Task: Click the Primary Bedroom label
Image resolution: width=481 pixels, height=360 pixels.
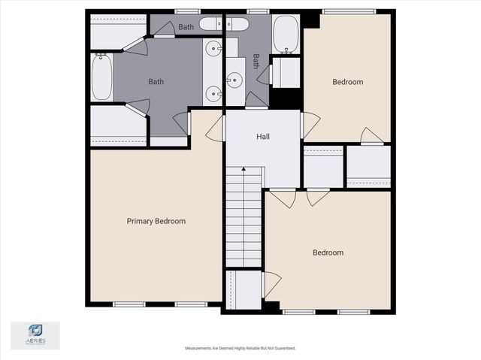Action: (156, 221)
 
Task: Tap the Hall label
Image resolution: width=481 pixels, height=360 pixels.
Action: (263, 137)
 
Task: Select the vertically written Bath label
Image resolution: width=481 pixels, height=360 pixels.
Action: (256, 61)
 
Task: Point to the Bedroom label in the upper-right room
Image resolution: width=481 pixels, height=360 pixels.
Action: (347, 82)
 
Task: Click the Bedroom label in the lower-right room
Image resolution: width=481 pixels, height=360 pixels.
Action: (328, 253)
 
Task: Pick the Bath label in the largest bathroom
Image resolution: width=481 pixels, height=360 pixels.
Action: (156, 82)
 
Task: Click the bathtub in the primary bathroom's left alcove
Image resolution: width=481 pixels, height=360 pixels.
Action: (101, 77)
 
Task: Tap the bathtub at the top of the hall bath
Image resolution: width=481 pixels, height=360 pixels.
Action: (286, 35)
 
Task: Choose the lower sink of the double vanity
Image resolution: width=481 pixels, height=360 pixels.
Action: (215, 94)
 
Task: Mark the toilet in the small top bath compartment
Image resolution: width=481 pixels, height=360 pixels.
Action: (233, 24)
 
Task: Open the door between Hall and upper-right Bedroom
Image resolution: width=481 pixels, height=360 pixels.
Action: (309, 125)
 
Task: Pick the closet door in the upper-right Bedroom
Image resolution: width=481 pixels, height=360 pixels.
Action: (371, 137)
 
